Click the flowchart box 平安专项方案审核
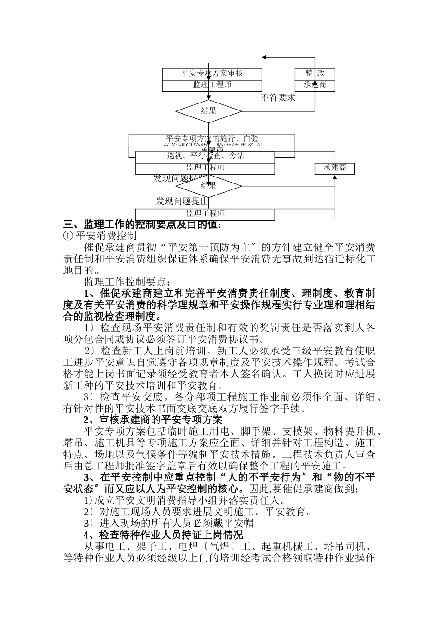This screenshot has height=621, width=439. tap(212, 73)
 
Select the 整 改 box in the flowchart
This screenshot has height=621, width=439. tap(315, 73)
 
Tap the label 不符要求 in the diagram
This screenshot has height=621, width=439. tap(278, 98)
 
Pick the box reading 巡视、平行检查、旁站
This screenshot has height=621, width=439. tap(205, 157)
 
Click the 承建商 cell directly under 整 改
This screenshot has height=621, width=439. tap(315, 85)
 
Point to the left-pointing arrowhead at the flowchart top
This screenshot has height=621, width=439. tap(265, 57)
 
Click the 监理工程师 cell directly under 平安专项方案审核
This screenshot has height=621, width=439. tap(212, 85)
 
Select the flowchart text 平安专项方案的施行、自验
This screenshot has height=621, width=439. tap(212, 139)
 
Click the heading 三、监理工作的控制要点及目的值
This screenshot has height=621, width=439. tap(142, 225)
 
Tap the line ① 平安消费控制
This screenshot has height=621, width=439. tap(100, 236)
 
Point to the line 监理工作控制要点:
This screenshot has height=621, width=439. tap(127, 282)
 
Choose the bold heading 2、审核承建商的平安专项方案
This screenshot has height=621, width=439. tap(153, 420)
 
